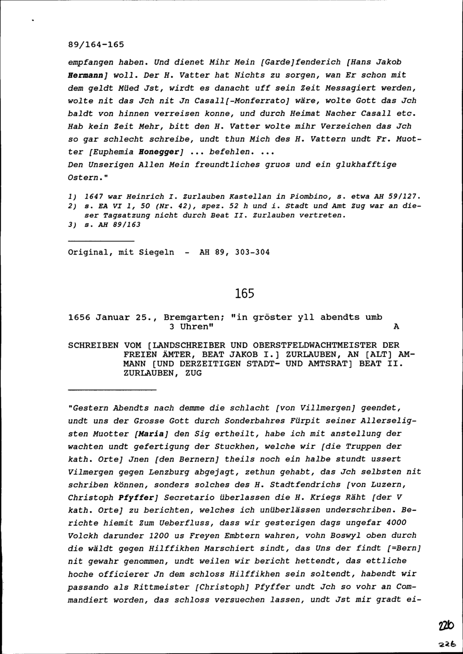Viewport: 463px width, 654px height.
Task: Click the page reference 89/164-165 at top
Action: click(x=96, y=45)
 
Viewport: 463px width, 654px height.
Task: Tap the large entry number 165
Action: click(x=244, y=293)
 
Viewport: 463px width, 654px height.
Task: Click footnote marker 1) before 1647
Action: click(x=72, y=196)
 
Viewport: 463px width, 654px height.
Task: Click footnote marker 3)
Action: click(x=72, y=225)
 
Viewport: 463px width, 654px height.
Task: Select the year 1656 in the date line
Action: click(x=79, y=318)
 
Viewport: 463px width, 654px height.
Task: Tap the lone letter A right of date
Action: click(x=395, y=327)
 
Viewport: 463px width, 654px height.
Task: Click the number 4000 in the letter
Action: click(x=395, y=523)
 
